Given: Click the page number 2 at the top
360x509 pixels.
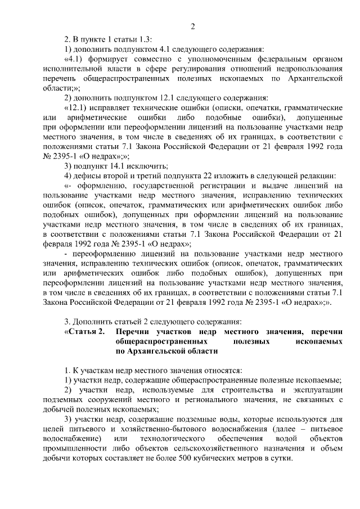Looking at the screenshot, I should point(192,26).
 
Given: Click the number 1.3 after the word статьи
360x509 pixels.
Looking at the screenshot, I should point(146,39).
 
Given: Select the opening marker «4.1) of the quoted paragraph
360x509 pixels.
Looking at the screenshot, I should point(75,58).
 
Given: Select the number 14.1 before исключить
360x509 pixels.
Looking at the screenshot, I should point(119,165).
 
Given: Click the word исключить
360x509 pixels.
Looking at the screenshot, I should point(148,165).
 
